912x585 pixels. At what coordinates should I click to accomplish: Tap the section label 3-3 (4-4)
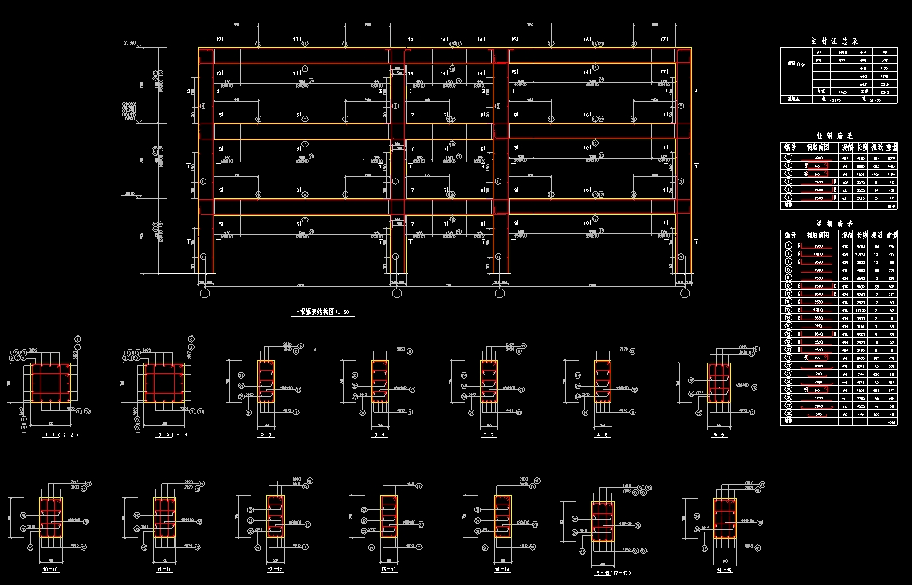(x=163, y=436)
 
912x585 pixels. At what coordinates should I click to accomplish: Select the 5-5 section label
(x=266, y=436)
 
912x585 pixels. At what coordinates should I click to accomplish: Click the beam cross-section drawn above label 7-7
(x=489, y=387)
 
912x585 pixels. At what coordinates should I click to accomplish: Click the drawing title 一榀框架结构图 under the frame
(x=322, y=312)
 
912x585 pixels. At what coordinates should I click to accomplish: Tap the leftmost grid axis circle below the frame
(x=205, y=294)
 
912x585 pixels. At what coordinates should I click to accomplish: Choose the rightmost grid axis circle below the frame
(x=685, y=294)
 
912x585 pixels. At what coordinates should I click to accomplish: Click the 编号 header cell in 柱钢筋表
(x=789, y=147)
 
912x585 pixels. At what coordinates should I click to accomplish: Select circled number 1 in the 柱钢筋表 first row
(x=789, y=157)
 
